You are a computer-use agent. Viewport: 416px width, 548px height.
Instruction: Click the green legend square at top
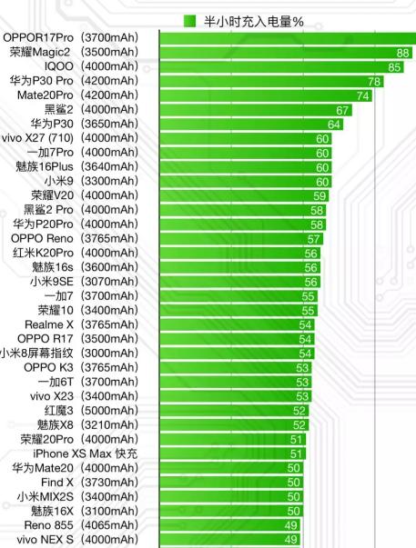tap(189, 20)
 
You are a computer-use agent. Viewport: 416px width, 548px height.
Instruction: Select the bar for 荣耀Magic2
tap(273, 53)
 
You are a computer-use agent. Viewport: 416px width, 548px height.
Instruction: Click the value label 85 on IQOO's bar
tap(394, 67)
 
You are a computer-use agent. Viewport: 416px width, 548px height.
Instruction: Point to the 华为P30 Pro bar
tap(264, 81)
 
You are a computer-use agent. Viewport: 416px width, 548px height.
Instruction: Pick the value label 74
tap(363, 95)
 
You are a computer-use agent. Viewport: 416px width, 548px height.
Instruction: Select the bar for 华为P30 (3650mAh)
tap(246, 124)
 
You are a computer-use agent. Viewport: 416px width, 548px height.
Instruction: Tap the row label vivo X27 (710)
tap(70, 138)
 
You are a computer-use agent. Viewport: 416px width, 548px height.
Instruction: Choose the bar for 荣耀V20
tap(237, 195)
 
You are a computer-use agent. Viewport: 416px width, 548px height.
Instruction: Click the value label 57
tap(314, 238)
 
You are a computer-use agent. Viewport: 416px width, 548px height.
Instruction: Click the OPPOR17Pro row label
tap(71, 38)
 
